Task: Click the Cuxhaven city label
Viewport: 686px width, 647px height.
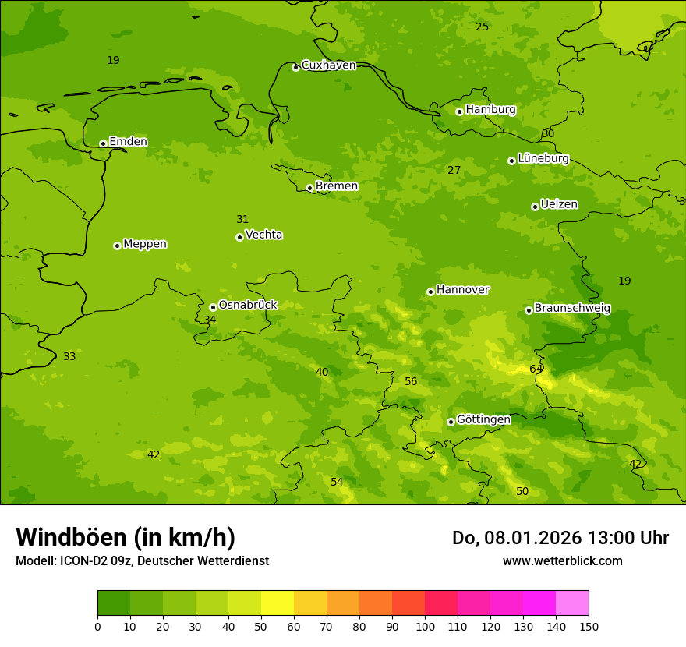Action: point(328,65)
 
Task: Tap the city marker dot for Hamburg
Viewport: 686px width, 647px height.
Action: point(459,111)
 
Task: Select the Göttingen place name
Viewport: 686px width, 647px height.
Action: point(483,420)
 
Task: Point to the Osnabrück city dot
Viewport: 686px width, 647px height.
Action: point(213,307)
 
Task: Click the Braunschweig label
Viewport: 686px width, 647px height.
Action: point(572,309)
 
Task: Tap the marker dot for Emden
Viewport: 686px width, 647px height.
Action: point(103,143)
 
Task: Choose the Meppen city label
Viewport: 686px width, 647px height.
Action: point(145,244)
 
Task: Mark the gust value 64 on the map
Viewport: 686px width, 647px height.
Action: point(536,369)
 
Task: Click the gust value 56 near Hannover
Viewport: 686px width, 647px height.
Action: point(411,381)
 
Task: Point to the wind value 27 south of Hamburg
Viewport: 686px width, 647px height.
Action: point(454,170)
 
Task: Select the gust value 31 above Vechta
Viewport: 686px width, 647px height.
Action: point(242,219)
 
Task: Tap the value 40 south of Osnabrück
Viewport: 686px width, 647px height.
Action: point(321,372)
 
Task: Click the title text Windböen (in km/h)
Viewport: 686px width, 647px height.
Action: point(126,538)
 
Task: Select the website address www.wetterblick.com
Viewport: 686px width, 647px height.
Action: point(562,561)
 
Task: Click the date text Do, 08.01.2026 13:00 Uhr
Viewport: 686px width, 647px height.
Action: point(560,538)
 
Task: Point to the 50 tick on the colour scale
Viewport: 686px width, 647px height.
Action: point(261,626)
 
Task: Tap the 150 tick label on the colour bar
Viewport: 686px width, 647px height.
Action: point(588,626)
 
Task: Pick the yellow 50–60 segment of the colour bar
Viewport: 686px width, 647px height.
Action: point(278,603)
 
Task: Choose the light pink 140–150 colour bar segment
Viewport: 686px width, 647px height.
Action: point(572,603)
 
